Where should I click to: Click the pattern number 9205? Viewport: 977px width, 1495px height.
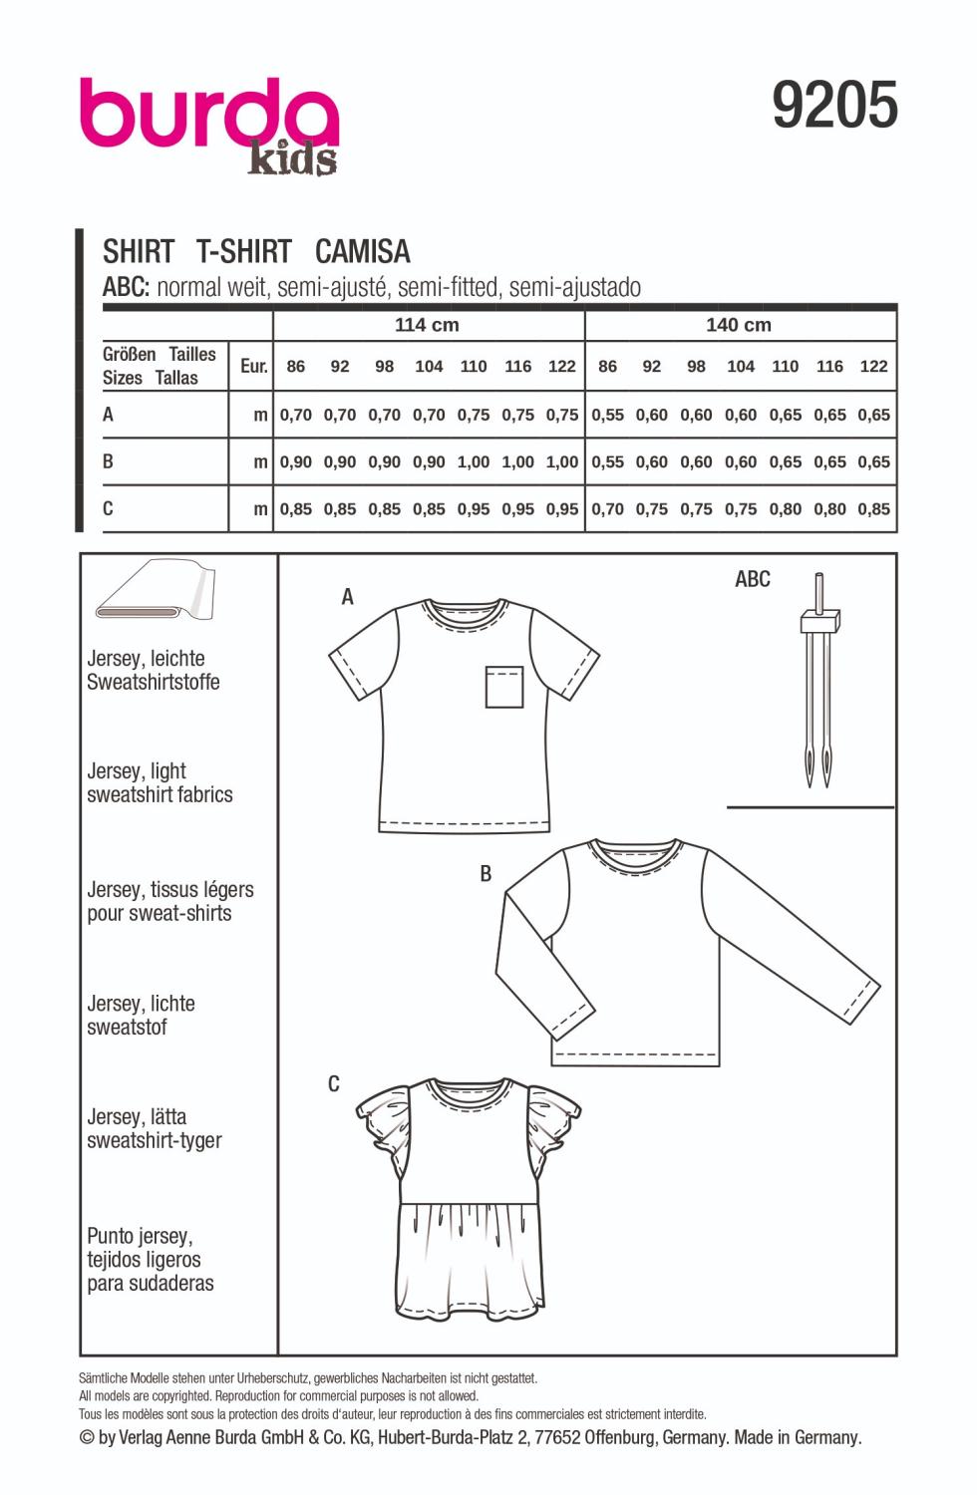click(x=834, y=106)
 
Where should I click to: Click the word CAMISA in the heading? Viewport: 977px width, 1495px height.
click(x=362, y=251)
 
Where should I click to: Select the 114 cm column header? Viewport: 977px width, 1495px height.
click(x=427, y=325)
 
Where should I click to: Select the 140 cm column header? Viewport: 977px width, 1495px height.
click(x=739, y=325)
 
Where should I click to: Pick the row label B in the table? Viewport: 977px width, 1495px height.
click(x=108, y=461)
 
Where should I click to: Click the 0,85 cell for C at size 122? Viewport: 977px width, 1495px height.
click(x=873, y=509)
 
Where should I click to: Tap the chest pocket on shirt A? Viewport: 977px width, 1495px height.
click(x=504, y=687)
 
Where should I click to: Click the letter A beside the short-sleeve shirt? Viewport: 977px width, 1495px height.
click(x=347, y=597)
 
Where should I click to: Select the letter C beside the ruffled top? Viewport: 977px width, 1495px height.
click(x=334, y=1084)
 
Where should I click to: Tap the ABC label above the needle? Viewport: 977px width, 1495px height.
click(x=753, y=579)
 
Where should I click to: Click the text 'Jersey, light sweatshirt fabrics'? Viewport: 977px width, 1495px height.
click(x=160, y=783)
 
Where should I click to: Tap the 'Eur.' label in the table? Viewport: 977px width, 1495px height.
click(x=254, y=366)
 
